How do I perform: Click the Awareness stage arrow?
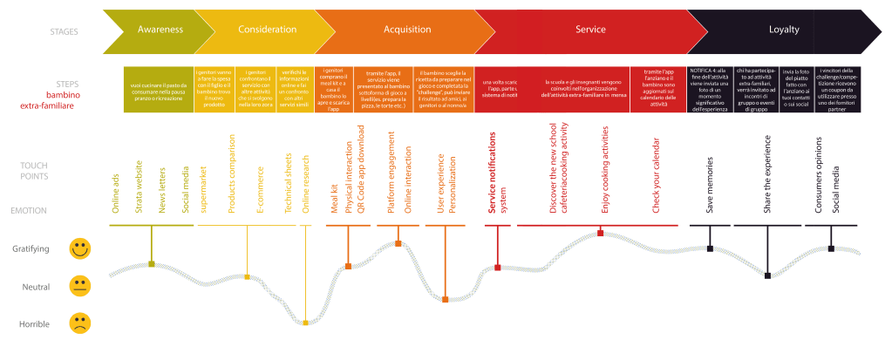pyautogui.click(x=160, y=30)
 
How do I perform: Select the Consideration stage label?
pyautogui.click(x=267, y=30)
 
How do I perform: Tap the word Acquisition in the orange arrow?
pyautogui.click(x=407, y=30)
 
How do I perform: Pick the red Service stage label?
pyautogui.click(x=591, y=30)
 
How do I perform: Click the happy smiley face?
pyautogui.click(x=80, y=249)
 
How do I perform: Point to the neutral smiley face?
pyautogui.click(x=80, y=285)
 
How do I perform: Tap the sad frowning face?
pyautogui.click(x=80, y=324)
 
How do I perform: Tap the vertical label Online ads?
pyautogui.click(x=115, y=192)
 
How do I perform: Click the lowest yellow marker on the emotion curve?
pyautogui.click(x=305, y=323)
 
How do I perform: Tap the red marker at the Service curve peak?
pyautogui.click(x=601, y=233)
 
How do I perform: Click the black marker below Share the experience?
pyautogui.click(x=767, y=275)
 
